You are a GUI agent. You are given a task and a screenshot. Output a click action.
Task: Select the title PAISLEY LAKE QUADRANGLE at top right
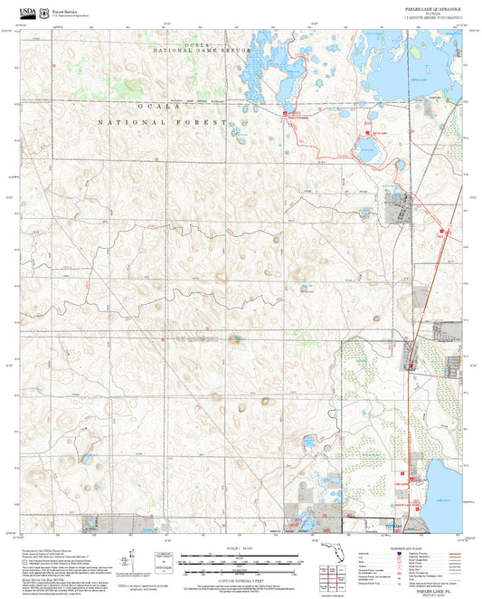point(436,7)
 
